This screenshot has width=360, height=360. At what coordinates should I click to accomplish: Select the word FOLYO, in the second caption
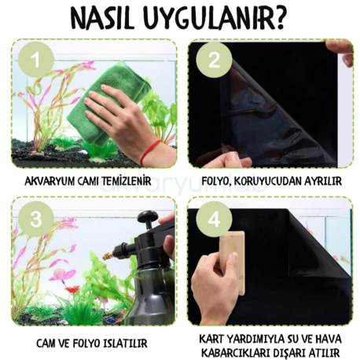click(x=220, y=182)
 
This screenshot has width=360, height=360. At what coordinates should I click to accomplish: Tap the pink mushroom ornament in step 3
click(x=58, y=275)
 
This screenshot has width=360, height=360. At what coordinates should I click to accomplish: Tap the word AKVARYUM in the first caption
click(x=48, y=182)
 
